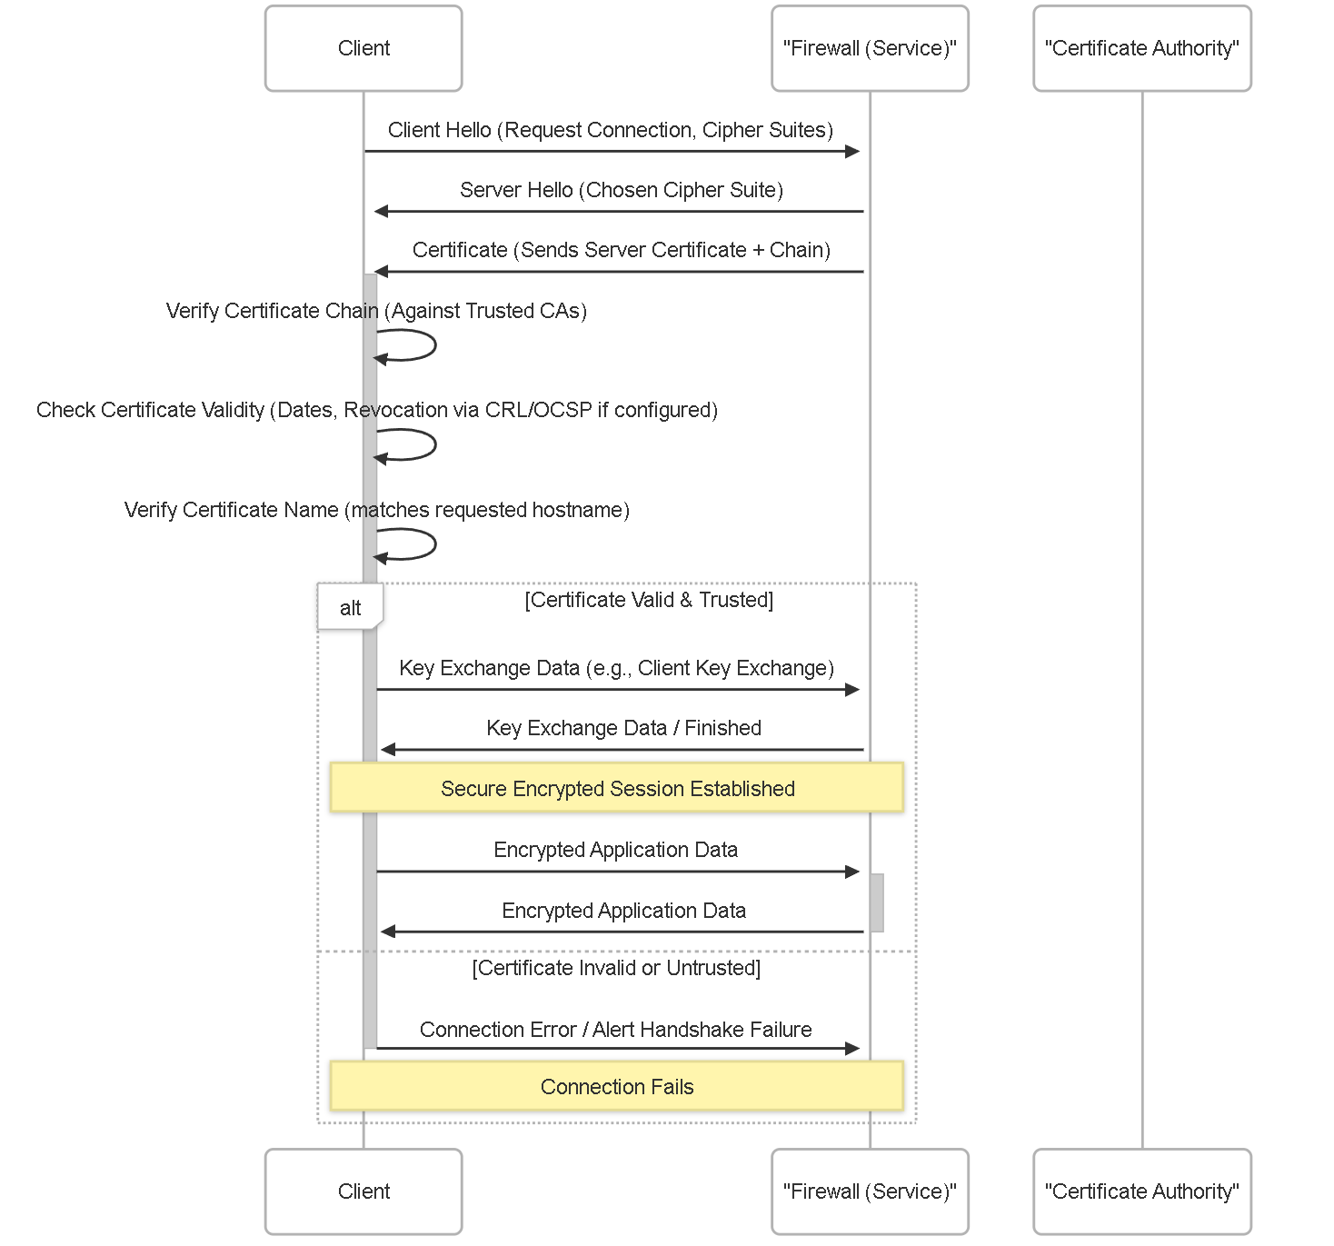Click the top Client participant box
pyautogui.click(x=363, y=48)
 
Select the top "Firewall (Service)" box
pyautogui.click(x=870, y=48)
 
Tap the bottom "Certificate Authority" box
pyautogui.click(x=1142, y=1191)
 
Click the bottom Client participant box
pyautogui.click(x=363, y=1191)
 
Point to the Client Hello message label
pyautogui.click(x=611, y=130)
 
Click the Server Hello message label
pyautogui.click(x=622, y=190)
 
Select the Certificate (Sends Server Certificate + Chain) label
pyautogui.click(x=622, y=250)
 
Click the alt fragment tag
pyautogui.click(x=350, y=607)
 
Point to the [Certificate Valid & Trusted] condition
pyautogui.click(x=649, y=600)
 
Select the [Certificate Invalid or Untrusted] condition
pyautogui.click(x=616, y=968)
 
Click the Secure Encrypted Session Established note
pyautogui.click(x=617, y=787)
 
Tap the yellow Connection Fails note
pyautogui.click(x=617, y=1085)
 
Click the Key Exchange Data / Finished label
pyautogui.click(x=623, y=728)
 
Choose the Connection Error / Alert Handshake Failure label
pyautogui.click(x=615, y=1029)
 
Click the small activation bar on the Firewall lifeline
pyautogui.click(x=877, y=902)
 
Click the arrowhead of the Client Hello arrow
pyautogui.click(x=852, y=151)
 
